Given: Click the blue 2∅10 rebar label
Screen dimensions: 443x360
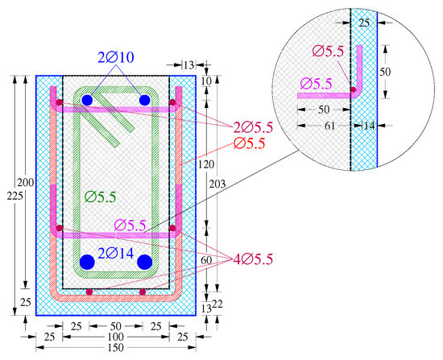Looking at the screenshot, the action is (x=116, y=57).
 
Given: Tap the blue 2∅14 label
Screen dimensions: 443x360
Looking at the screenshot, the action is (x=115, y=253).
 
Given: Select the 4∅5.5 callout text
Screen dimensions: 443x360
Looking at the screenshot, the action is (x=253, y=259).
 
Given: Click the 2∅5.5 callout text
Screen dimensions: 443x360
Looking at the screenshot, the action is (x=253, y=128).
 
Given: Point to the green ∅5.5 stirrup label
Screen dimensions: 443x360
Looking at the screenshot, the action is (x=101, y=197).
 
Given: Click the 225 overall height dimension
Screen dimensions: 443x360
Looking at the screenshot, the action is (x=14, y=196).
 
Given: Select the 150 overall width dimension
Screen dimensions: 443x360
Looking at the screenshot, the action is (x=116, y=348).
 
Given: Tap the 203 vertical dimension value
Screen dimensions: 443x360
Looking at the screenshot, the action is (x=217, y=184).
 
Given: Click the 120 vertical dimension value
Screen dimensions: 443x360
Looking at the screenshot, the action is (x=206, y=164).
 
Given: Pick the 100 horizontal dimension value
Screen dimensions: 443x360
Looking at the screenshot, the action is (x=116, y=337).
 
